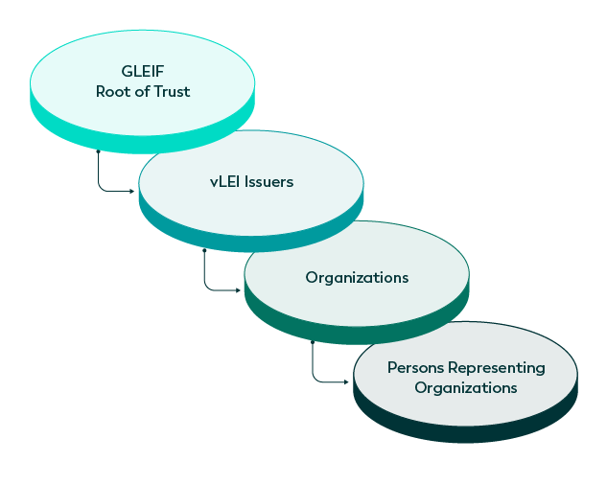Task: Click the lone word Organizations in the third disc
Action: click(357, 278)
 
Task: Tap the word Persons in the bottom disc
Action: click(414, 368)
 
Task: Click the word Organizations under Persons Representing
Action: click(466, 387)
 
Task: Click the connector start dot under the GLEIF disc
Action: click(98, 151)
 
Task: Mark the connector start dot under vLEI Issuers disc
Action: click(204, 251)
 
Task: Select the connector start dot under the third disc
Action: click(313, 342)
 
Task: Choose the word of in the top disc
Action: click(141, 92)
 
